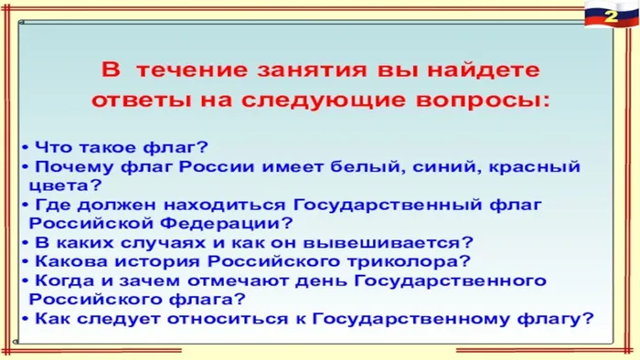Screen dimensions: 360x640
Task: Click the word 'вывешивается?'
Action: click(x=408, y=242)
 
